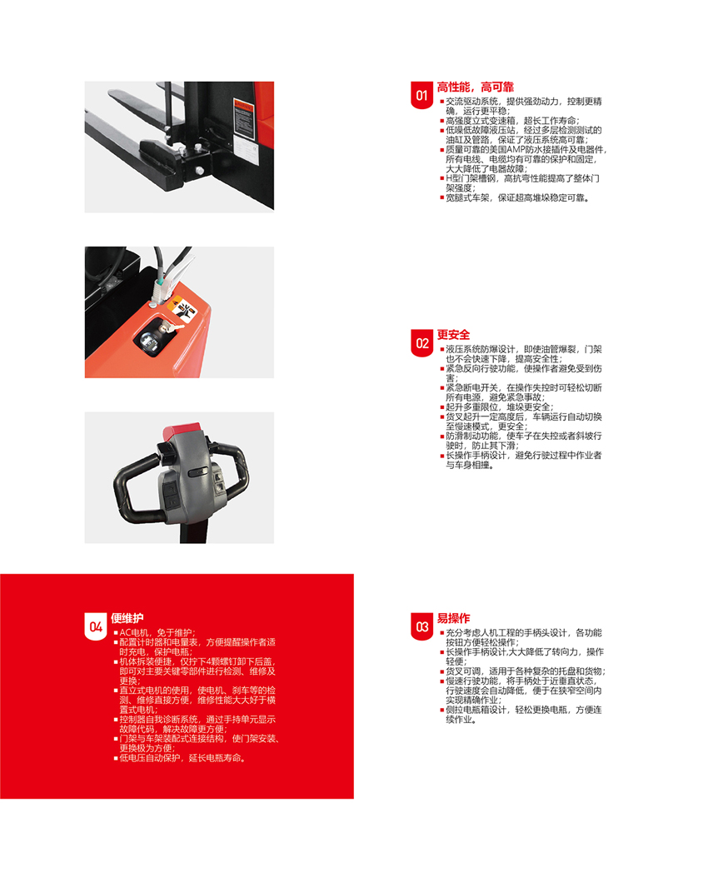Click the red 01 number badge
click(x=421, y=95)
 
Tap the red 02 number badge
click(x=421, y=342)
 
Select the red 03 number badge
click(x=421, y=626)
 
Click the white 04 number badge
click(x=95, y=626)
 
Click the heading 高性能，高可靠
click(x=476, y=87)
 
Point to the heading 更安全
click(x=453, y=335)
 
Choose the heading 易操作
click(x=453, y=618)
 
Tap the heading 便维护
click(x=127, y=618)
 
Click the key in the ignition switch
click(x=171, y=327)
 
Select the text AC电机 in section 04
click(x=134, y=632)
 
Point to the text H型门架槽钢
click(x=471, y=178)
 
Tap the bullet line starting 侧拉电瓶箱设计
click(x=521, y=715)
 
